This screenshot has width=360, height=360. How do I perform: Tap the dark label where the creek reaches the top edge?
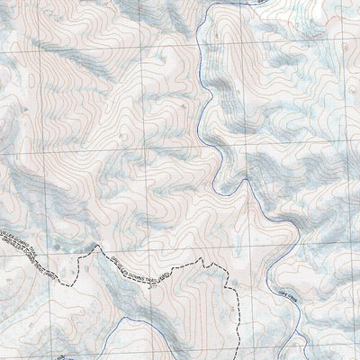point(261,3)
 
